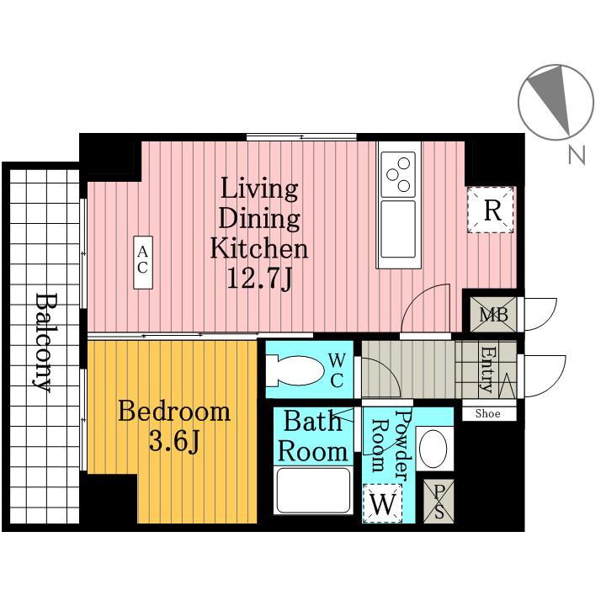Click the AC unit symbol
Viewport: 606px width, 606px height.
[x=143, y=263]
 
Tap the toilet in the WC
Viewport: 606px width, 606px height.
[x=295, y=371]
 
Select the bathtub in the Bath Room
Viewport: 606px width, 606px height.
[x=313, y=491]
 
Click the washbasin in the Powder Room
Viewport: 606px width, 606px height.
[x=433, y=449]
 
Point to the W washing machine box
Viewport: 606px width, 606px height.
[x=382, y=503]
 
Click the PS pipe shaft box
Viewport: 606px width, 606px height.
[x=439, y=502]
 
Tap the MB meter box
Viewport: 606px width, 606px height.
[x=493, y=314]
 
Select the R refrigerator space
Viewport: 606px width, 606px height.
[x=491, y=210]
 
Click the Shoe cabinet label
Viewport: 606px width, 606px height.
[x=487, y=414]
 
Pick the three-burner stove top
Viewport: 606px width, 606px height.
[x=398, y=174]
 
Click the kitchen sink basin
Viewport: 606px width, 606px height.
[x=398, y=229]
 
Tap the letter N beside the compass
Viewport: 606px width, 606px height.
[x=577, y=155]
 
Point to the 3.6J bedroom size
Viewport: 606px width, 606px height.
[x=174, y=441]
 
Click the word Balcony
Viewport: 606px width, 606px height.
[x=43, y=343]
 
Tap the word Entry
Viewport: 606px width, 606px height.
[x=487, y=369]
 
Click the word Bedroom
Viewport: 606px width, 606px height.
[x=174, y=412]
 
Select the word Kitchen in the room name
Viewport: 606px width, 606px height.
[x=259, y=248]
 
